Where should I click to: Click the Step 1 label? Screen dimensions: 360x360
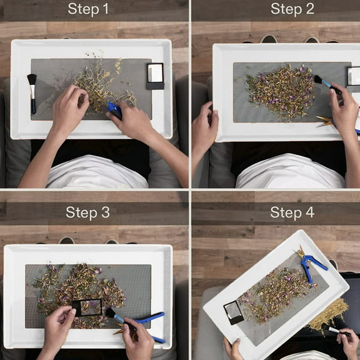(x=88, y=9)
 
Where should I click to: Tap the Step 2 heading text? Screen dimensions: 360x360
(x=292, y=9)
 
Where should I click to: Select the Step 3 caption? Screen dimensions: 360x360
(x=87, y=212)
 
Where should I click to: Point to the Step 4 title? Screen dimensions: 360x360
(x=292, y=212)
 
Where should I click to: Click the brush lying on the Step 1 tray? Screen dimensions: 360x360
(x=32, y=93)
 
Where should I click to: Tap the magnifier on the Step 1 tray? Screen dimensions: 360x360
(x=156, y=76)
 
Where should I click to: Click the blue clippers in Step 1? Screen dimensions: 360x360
(x=114, y=110)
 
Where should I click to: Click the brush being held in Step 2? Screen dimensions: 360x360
(x=327, y=84)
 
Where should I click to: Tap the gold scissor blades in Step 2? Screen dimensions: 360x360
(x=324, y=121)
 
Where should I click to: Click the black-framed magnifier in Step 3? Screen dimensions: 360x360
(x=87, y=307)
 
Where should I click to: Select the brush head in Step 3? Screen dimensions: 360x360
(x=111, y=312)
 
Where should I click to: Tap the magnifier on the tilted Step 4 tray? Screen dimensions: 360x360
(x=234, y=312)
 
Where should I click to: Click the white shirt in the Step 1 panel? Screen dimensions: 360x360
(x=96, y=172)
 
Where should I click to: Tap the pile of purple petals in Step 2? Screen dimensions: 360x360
(x=281, y=92)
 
